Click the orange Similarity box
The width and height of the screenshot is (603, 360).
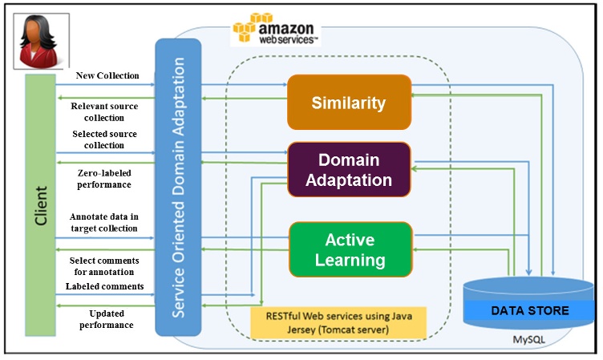pyautogui.click(x=349, y=103)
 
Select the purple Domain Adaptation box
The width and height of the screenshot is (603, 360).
pyautogui.click(x=349, y=170)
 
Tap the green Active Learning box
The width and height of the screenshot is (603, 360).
pyautogui.click(x=350, y=249)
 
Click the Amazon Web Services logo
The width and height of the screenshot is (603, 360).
pyautogui.click(x=276, y=30)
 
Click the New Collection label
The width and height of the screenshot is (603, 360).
pyautogui.click(x=107, y=76)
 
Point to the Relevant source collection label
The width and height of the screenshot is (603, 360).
pyautogui.click(x=104, y=112)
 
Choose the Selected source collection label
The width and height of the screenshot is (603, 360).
pyautogui.click(x=104, y=140)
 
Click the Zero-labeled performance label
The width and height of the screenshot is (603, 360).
pyautogui.click(x=104, y=178)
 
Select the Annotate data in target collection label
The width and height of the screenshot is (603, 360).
pyautogui.click(x=104, y=222)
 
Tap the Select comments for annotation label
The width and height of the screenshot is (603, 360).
pyautogui.click(x=104, y=266)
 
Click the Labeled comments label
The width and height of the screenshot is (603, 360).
pyautogui.click(x=105, y=286)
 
